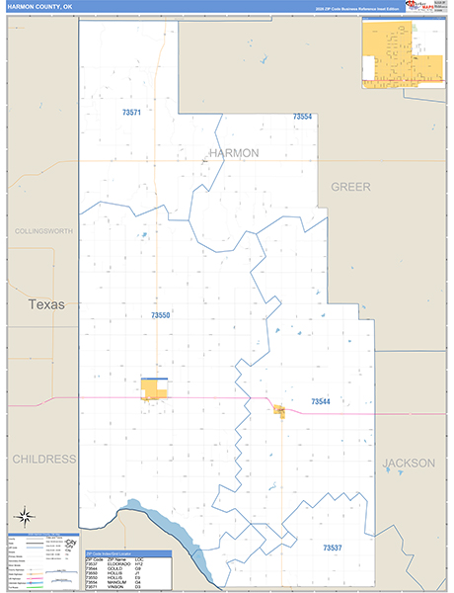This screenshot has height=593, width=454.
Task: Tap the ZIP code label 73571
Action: coord(131,114)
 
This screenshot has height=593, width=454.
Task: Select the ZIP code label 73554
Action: coord(302,117)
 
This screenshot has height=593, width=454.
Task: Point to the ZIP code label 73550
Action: coord(161,315)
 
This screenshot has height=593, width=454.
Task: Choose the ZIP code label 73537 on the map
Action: coord(333,547)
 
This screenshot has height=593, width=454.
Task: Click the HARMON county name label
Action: coord(234,153)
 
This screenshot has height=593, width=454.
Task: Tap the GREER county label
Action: coord(350,186)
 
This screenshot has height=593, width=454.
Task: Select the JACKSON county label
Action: coord(409,463)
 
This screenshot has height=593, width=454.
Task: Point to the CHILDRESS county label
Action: coord(43,460)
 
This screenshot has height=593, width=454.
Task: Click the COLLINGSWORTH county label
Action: coord(44,230)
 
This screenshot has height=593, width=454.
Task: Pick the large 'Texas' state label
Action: coord(46,304)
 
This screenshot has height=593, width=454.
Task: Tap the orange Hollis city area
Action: coord(155,390)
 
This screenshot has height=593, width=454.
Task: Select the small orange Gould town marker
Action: coord(280,410)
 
